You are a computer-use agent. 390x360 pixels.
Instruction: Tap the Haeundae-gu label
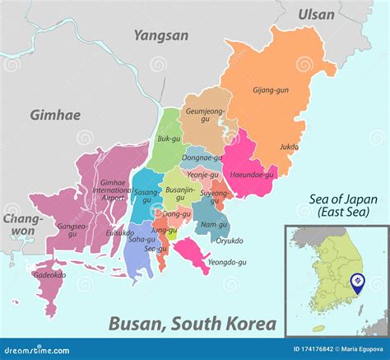point(251,175)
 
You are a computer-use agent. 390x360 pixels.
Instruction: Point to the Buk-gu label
point(169,139)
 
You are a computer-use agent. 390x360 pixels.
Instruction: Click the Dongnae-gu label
point(202,157)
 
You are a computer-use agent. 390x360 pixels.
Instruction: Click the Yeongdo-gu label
point(228,262)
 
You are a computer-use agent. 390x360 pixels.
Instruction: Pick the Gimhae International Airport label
point(113,189)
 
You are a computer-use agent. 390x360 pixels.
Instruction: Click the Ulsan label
point(316,14)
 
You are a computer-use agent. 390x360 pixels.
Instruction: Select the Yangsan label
point(161,35)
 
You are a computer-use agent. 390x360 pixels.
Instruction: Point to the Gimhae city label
point(55,115)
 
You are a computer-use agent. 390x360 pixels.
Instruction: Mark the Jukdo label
point(289,148)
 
